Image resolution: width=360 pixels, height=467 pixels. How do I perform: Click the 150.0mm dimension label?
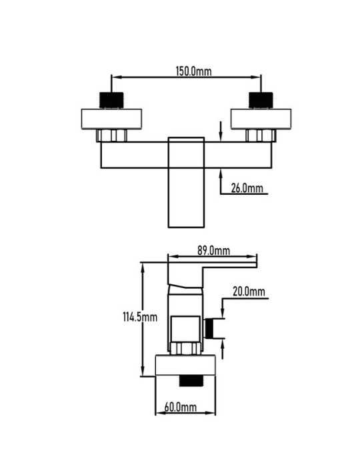(x=194, y=71)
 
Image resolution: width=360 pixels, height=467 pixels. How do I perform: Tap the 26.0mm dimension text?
(x=247, y=188)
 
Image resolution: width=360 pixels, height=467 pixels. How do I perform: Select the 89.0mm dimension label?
(x=213, y=251)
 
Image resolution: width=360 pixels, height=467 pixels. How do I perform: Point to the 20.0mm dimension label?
(x=249, y=292)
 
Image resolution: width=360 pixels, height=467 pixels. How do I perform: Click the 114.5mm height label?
(x=140, y=317)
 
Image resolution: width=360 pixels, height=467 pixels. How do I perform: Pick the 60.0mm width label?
(x=181, y=407)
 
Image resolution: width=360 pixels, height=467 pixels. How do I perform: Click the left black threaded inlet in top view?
(x=111, y=100)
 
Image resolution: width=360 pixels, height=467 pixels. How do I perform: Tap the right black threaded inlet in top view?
(x=261, y=100)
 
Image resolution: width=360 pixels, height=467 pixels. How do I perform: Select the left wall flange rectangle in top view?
(x=111, y=119)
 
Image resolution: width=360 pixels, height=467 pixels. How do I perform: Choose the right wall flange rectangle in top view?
(x=261, y=119)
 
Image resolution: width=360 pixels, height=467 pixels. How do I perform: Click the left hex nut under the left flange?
(x=111, y=135)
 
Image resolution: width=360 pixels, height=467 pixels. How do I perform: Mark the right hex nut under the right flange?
(x=261, y=135)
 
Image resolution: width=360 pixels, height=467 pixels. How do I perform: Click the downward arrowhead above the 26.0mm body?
(x=221, y=136)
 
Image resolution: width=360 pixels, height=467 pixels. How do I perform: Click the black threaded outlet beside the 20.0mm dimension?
(x=209, y=328)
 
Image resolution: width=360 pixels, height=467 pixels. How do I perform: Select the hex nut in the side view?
(x=185, y=348)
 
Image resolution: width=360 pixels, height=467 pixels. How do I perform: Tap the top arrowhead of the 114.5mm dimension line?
(x=143, y=268)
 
